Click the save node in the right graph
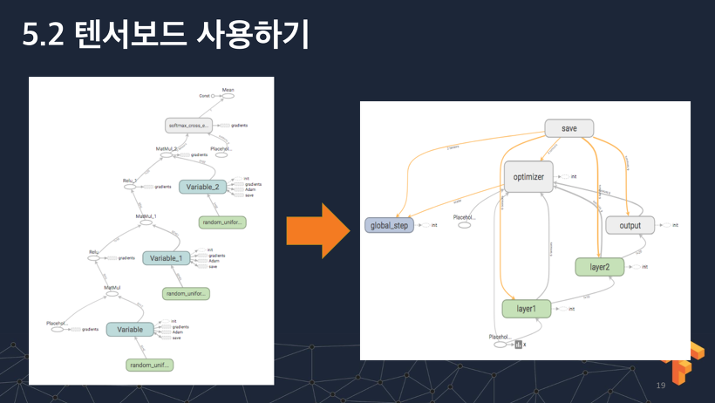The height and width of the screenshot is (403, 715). [569, 129]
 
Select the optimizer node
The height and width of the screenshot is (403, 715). [528, 177]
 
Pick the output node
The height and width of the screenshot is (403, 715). [630, 225]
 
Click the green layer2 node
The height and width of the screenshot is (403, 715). [599, 266]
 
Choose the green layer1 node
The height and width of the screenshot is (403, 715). [527, 308]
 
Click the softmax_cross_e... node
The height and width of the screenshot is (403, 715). [189, 126]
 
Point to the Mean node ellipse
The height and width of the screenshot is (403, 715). [228, 96]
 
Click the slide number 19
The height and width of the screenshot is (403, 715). [660, 385]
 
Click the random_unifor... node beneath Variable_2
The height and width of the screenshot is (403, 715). [222, 222]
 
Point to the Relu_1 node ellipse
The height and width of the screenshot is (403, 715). [130, 187]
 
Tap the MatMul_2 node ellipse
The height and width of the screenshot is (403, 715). [167, 155]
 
